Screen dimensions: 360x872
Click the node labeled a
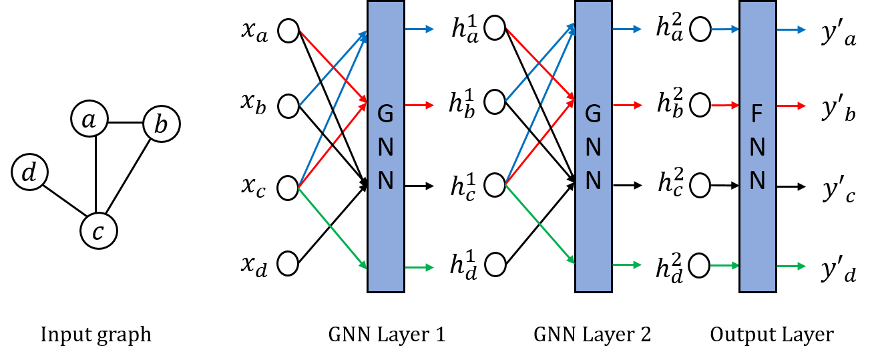[89, 119]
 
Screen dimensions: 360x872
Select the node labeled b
[162, 124]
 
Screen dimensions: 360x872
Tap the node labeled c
[99, 231]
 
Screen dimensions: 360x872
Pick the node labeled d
[29, 172]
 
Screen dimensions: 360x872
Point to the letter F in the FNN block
[757, 115]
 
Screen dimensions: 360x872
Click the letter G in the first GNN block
[386, 115]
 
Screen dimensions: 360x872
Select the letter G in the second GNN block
[594, 115]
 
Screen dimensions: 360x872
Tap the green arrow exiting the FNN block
[791, 266]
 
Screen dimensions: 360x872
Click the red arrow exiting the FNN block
[791, 106]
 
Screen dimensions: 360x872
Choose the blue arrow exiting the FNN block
[791, 29]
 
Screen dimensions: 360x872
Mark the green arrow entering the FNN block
[724, 266]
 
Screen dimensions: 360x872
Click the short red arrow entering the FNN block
[724, 105]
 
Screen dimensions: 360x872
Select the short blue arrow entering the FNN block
[724, 29]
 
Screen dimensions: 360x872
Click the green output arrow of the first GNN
[419, 268]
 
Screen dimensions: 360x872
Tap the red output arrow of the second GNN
[627, 105]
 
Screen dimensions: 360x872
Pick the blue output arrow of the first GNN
[419, 29]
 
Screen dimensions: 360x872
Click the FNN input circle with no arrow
[700, 185]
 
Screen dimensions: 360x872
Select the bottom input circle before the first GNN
[288, 263]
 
